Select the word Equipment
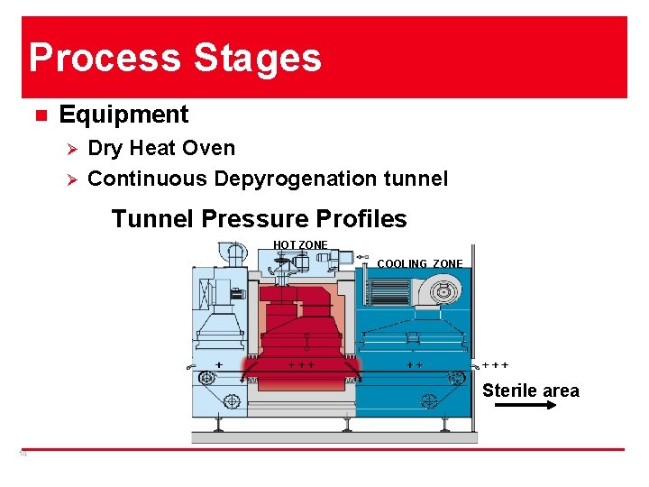(x=123, y=115)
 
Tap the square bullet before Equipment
(x=40, y=115)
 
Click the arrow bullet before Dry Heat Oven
(x=75, y=149)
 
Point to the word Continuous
(x=148, y=179)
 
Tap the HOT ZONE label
(x=300, y=245)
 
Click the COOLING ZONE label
(x=420, y=264)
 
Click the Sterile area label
(x=530, y=391)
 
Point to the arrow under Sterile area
(x=526, y=407)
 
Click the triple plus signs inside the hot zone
(x=300, y=365)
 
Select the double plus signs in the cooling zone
(x=415, y=365)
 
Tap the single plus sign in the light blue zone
(x=219, y=363)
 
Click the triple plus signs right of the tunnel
(x=495, y=365)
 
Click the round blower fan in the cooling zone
(x=443, y=291)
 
